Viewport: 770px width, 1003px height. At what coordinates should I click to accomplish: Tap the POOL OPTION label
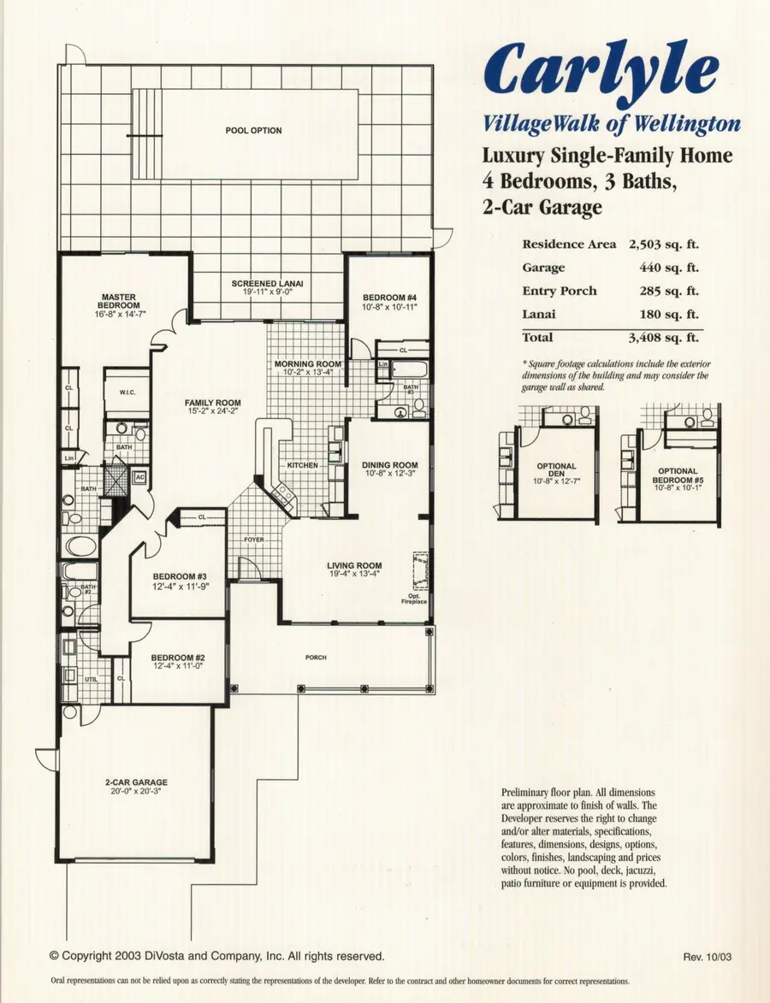pyautogui.click(x=253, y=131)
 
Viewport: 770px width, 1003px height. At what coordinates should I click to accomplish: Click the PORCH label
pyautogui.click(x=317, y=658)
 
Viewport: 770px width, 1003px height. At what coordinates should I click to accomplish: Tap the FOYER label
pyautogui.click(x=254, y=540)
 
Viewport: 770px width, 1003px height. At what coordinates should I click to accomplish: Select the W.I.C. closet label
pyautogui.click(x=128, y=393)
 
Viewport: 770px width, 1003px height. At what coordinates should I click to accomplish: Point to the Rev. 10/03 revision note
pyautogui.click(x=706, y=957)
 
